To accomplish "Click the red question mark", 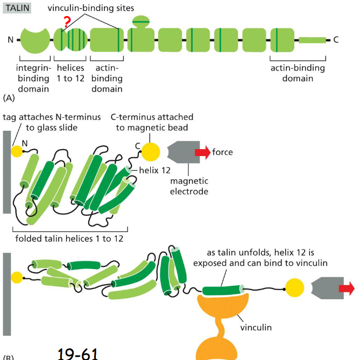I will click(67, 22).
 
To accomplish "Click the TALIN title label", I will click(18, 9).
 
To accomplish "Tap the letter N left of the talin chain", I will click(10, 40).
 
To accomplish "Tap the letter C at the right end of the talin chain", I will click(336, 40).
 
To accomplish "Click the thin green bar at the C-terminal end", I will click(312, 40).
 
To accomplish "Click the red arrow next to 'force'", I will click(202, 152).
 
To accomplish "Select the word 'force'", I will click(223, 152).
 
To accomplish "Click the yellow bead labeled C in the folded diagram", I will click(151, 152).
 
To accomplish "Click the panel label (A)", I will click(9, 98).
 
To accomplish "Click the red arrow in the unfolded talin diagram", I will click(347, 290).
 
